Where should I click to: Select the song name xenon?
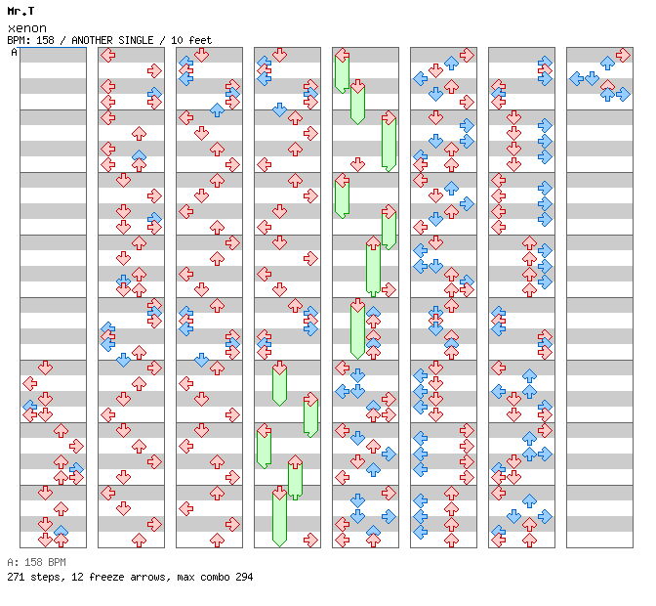point(26,27)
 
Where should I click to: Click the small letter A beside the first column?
point(14,52)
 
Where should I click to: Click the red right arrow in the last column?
point(623,55)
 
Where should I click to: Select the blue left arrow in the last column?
point(577,78)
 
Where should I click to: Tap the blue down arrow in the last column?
point(592,78)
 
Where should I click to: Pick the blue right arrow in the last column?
point(623,94)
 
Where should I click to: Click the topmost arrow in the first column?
point(45,368)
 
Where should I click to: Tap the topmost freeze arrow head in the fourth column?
point(279,368)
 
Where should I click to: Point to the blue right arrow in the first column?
point(76,471)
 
